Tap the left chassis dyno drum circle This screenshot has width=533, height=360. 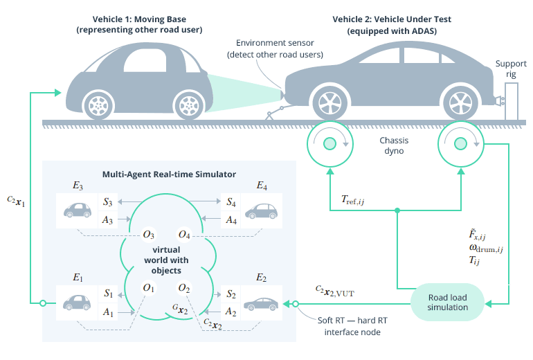(328, 143)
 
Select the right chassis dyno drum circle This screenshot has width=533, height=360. (460, 143)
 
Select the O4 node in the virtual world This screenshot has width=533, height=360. (184, 234)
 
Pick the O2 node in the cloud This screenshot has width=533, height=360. (184, 287)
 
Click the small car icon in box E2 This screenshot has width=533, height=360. (258, 303)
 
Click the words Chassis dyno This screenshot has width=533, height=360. (394, 144)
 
